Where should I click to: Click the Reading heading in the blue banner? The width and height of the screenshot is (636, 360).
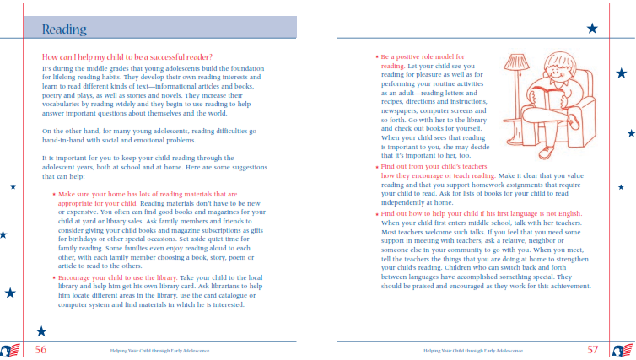click(x=63, y=30)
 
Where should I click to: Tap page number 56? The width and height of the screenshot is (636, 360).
click(x=40, y=348)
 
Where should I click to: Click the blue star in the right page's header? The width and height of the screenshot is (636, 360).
click(x=591, y=28)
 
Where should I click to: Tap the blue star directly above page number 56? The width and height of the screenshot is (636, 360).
click(x=41, y=331)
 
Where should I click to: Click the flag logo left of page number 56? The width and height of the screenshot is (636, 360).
click(x=10, y=350)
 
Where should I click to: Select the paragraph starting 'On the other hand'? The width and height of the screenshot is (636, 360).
click(x=148, y=136)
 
